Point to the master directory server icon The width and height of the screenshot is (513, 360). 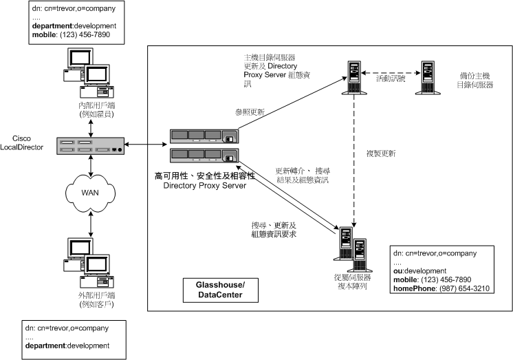(354, 77)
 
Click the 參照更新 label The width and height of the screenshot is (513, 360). (250, 112)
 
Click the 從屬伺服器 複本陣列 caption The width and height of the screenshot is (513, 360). (351, 281)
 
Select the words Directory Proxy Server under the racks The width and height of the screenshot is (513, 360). (204, 186)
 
